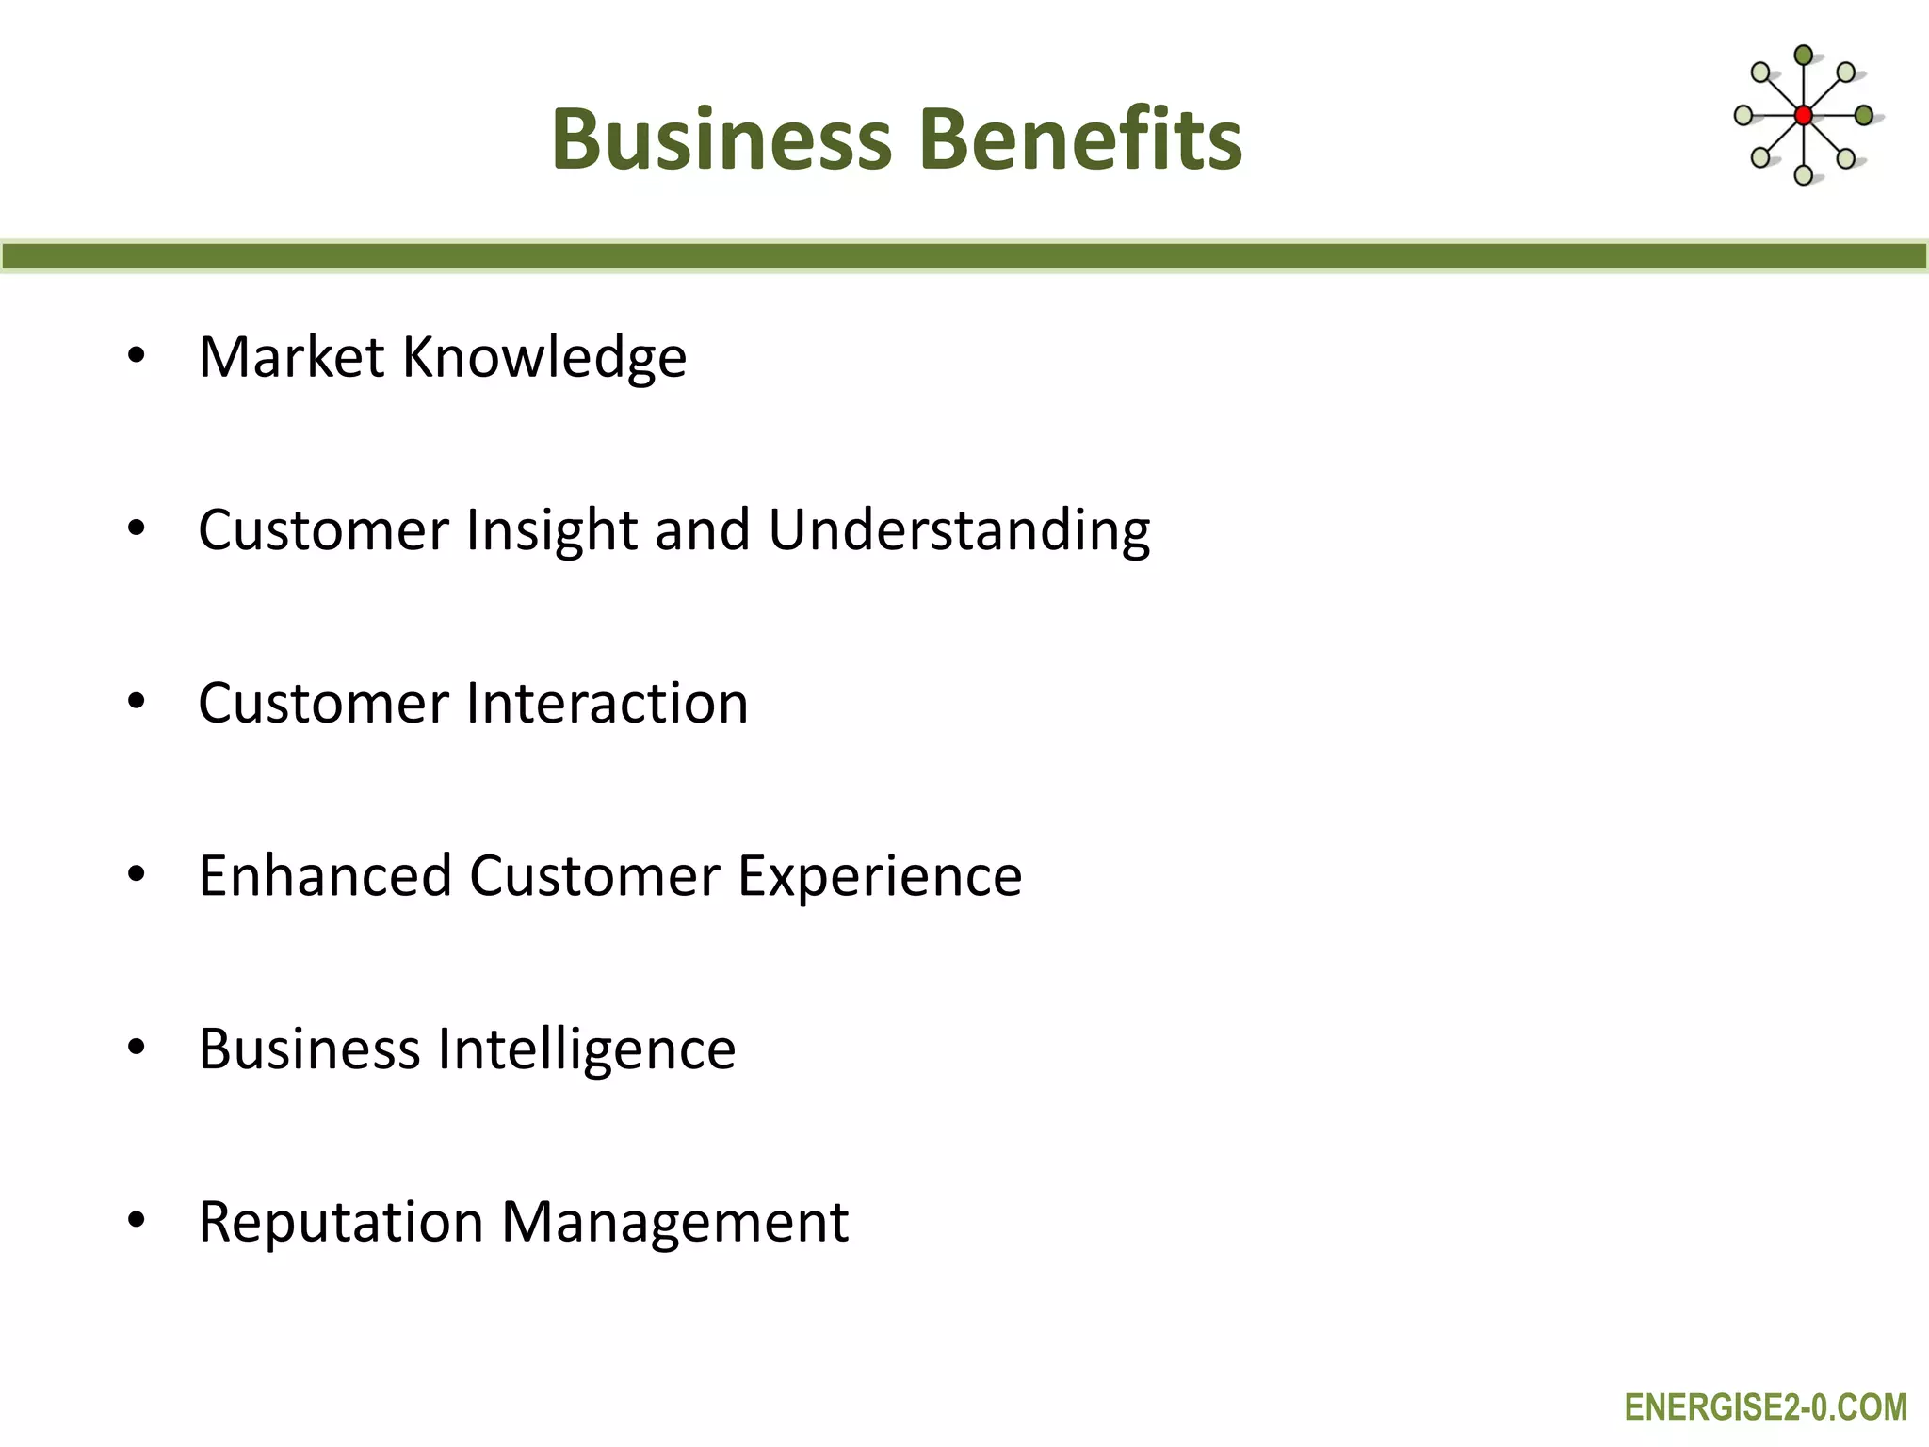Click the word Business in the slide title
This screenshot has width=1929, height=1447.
click(x=721, y=139)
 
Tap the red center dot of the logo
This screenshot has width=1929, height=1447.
click(x=1803, y=116)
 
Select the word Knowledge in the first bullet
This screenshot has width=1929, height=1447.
click(x=544, y=358)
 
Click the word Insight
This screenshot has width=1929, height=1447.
click(x=552, y=530)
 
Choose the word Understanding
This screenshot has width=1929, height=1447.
click(x=959, y=530)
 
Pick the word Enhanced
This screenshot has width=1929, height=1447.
click(x=326, y=876)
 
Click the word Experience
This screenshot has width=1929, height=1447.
click(x=880, y=876)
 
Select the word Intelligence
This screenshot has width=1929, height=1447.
click(x=587, y=1049)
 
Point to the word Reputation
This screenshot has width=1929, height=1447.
click(x=341, y=1222)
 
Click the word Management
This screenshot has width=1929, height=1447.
click(x=674, y=1222)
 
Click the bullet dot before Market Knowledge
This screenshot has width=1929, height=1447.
click(x=137, y=356)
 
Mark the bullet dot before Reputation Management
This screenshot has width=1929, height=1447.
click(x=137, y=1220)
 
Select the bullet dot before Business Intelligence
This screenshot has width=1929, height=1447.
click(x=137, y=1047)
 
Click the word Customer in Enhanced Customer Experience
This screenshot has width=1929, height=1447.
click(x=594, y=876)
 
